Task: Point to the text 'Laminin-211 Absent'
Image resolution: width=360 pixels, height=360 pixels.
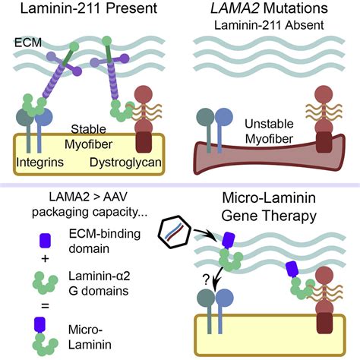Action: click(x=270, y=30)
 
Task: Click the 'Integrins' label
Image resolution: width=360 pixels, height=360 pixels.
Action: click(x=39, y=163)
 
